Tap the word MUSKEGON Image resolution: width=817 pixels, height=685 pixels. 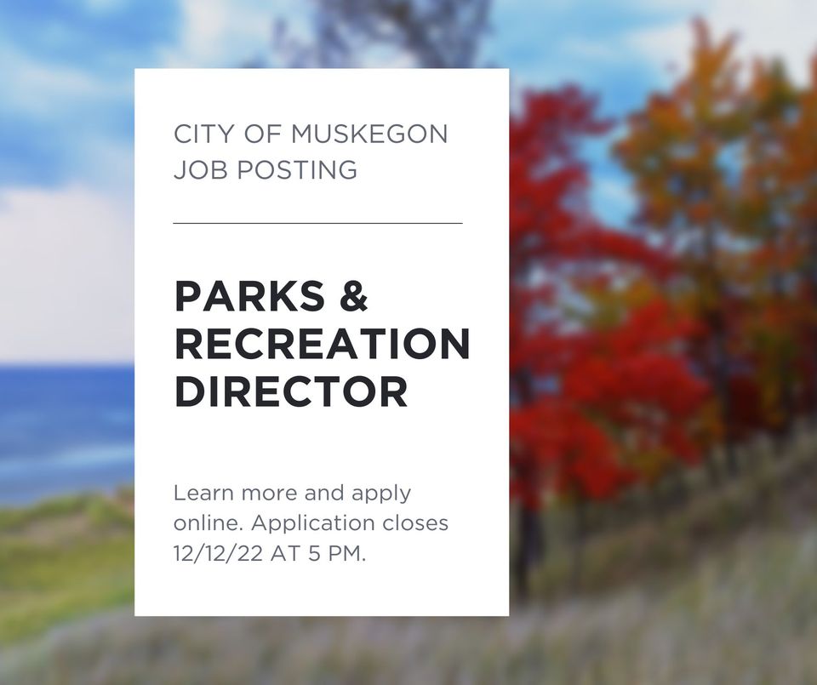tap(369, 134)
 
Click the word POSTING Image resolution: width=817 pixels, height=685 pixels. tap(298, 170)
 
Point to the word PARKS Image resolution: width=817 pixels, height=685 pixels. tap(250, 296)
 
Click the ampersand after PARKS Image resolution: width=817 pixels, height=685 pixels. tap(354, 296)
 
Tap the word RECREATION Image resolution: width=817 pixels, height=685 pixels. tap(323, 344)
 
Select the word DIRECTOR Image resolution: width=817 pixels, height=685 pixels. tap(291, 391)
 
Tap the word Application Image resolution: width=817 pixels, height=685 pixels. tap(313, 524)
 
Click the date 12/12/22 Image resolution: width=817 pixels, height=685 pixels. tap(218, 554)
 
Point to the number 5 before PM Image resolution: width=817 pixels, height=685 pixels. tap(314, 554)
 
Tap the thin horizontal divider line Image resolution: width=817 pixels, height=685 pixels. tap(317, 223)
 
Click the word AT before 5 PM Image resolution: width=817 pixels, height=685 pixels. tap(285, 554)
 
